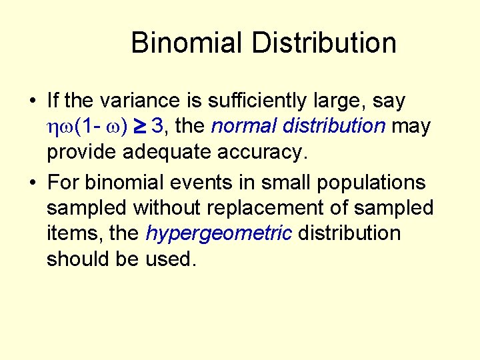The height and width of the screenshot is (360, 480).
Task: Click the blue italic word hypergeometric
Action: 219,233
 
